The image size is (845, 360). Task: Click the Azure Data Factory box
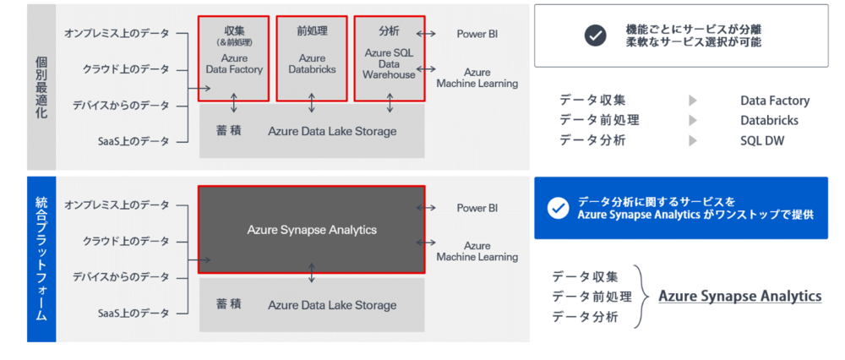[x=234, y=58]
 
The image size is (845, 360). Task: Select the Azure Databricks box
[x=312, y=58]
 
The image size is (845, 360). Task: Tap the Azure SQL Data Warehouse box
[x=390, y=58]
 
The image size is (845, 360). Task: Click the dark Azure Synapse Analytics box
[x=312, y=229]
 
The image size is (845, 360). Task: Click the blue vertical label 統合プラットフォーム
[x=41, y=259]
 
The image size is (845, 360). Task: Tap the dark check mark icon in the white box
[x=596, y=35]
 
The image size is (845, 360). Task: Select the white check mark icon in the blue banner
[x=558, y=208]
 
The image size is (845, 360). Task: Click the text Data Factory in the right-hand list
[x=774, y=101]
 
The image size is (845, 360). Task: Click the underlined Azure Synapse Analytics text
[x=739, y=297]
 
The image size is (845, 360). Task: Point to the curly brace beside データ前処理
[x=644, y=296]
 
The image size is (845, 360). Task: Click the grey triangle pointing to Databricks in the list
[x=693, y=121]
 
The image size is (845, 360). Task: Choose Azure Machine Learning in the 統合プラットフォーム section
[x=477, y=251]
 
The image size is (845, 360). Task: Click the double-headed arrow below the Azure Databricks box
[x=312, y=103]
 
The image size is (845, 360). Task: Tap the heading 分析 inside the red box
[x=390, y=30]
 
